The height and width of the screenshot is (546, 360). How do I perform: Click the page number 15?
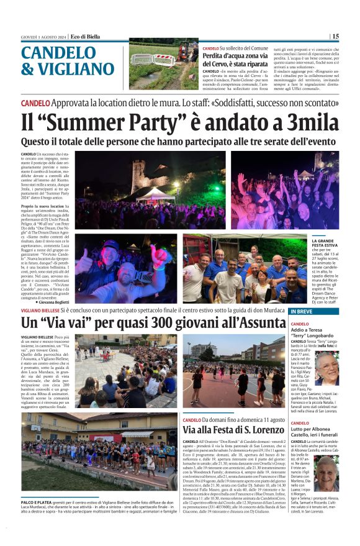[x=335, y=36]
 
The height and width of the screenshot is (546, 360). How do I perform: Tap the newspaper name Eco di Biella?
[x=85, y=36]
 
